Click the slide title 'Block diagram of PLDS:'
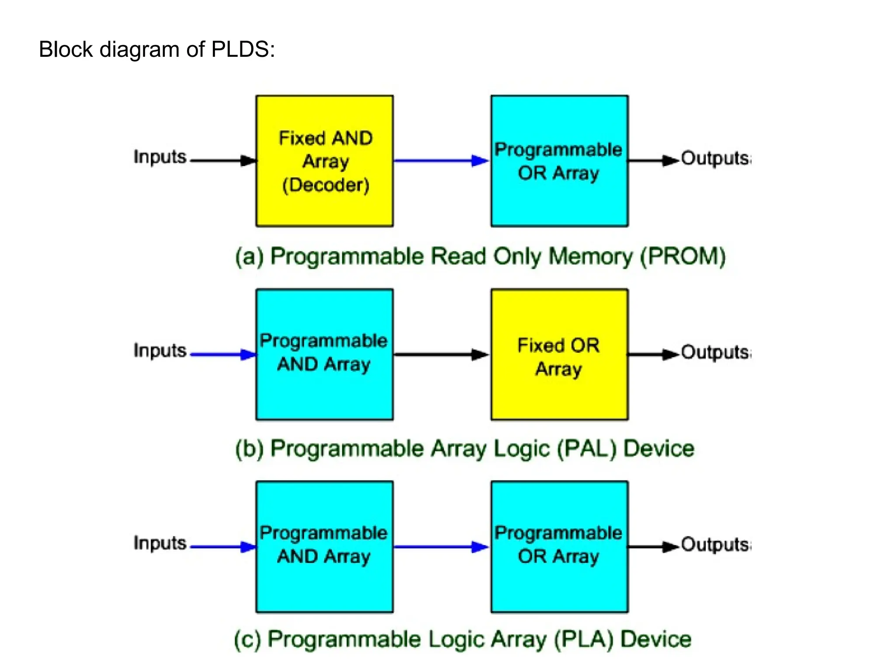(157, 49)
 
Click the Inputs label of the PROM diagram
(160, 157)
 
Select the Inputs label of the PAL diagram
(160, 350)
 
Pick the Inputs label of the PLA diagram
(160, 543)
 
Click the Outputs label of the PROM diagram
(715, 158)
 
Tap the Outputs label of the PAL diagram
(715, 352)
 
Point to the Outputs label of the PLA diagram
(715, 544)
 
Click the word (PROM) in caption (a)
(683, 256)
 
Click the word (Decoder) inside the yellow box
(326, 185)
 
